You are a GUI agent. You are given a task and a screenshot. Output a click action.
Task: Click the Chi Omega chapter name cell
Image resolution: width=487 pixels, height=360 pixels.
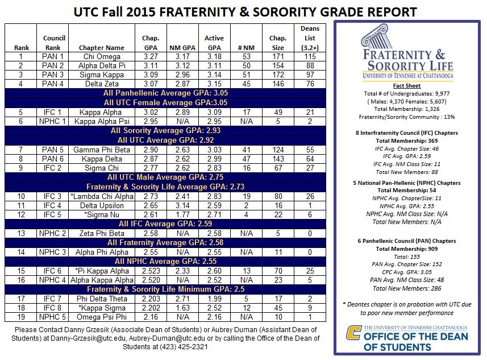[102, 56]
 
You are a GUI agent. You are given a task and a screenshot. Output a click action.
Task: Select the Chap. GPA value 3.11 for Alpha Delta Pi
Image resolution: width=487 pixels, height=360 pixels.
[151, 65]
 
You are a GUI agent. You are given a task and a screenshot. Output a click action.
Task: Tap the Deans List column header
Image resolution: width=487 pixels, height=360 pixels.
[310, 38]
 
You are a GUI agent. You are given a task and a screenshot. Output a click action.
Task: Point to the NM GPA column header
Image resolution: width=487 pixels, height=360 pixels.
[182, 48]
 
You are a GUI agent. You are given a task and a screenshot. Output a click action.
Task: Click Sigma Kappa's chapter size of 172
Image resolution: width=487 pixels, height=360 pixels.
[278, 75]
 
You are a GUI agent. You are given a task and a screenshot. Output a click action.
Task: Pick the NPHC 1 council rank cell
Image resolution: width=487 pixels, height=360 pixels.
[52, 121]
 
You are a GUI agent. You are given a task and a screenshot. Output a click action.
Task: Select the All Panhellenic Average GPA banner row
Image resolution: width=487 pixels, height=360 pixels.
[165, 93]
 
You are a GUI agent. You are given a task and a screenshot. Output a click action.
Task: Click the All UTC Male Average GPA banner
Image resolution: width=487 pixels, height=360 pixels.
[165, 177]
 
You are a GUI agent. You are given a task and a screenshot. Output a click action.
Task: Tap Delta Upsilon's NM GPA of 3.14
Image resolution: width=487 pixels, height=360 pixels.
[182, 205]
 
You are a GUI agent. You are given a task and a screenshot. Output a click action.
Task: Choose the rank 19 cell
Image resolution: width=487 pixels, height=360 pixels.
[21, 317]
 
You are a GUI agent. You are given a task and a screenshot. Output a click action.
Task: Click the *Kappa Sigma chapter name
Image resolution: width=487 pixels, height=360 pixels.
[102, 308]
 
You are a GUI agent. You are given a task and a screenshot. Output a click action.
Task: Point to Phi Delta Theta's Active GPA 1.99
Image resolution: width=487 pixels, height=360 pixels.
[214, 299]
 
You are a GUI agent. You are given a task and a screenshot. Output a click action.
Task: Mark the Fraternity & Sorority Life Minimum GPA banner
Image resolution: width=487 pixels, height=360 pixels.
[165, 289]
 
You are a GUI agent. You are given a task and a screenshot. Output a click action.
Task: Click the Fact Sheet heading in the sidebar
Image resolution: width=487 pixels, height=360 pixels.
[406, 86]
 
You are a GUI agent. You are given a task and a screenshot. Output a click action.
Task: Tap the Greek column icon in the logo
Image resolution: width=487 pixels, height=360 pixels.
[375, 37]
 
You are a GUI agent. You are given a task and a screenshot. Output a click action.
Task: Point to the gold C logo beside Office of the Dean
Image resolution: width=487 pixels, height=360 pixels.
[353, 333]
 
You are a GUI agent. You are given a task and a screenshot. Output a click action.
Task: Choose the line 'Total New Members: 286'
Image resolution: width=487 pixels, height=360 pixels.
[407, 288]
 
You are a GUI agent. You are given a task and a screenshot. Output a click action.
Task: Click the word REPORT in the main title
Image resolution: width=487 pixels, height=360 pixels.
[392, 12]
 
